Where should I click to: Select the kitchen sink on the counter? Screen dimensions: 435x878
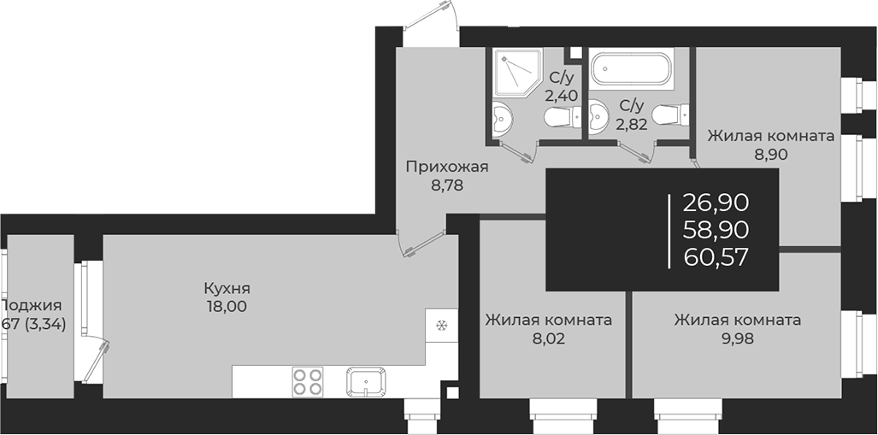(x=366, y=380)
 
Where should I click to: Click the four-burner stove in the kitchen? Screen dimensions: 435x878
(x=307, y=380)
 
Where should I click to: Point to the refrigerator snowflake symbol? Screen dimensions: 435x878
(x=442, y=326)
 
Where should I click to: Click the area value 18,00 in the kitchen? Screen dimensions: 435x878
(x=227, y=305)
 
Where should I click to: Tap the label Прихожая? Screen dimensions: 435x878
(x=446, y=167)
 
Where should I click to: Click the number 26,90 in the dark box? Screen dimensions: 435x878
(x=716, y=203)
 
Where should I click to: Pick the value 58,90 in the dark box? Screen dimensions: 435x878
(x=716, y=229)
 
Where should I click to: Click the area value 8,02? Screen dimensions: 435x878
(x=548, y=338)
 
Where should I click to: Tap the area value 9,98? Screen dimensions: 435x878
(x=737, y=338)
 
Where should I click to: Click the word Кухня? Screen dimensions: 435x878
(x=227, y=288)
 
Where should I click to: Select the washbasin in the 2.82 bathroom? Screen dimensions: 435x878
(x=598, y=111)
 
